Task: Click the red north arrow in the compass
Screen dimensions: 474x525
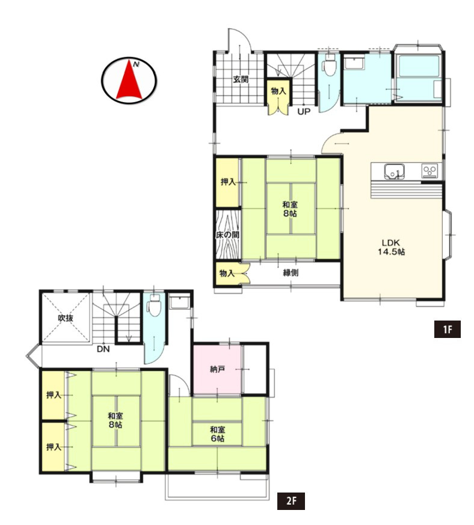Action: pyautogui.click(x=129, y=81)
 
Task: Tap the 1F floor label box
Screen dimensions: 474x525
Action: pyautogui.click(x=447, y=329)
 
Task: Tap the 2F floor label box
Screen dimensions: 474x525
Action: pyautogui.click(x=291, y=500)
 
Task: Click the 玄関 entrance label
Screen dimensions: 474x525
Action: pyautogui.click(x=241, y=79)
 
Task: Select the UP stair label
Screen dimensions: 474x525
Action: pyautogui.click(x=304, y=111)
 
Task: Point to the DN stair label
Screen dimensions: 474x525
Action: pyautogui.click(x=103, y=349)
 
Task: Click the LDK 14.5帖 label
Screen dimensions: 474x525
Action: pyautogui.click(x=391, y=247)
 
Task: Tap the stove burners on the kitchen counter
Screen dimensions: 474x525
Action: pyautogui.click(x=429, y=171)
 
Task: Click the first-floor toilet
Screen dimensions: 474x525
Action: pyautogui.click(x=330, y=67)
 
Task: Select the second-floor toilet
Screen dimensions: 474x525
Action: pyautogui.click(x=154, y=305)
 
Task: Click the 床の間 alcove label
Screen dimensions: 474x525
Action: pyautogui.click(x=228, y=235)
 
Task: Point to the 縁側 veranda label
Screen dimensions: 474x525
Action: pyautogui.click(x=291, y=273)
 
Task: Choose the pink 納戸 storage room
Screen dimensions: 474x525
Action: pyautogui.click(x=217, y=370)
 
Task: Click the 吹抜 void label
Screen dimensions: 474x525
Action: pyautogui.click(x=66, y=318)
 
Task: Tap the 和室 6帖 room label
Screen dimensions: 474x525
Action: pyautogui.click(x=217, y=434)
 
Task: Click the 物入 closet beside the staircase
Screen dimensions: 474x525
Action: pyautogui.click(x=279, y=96)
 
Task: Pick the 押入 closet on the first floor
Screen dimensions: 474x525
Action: pyautogui.click(x=227, y=182)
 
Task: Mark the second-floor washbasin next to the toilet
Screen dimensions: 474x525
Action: pyautogui.click(x=180, y=302)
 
